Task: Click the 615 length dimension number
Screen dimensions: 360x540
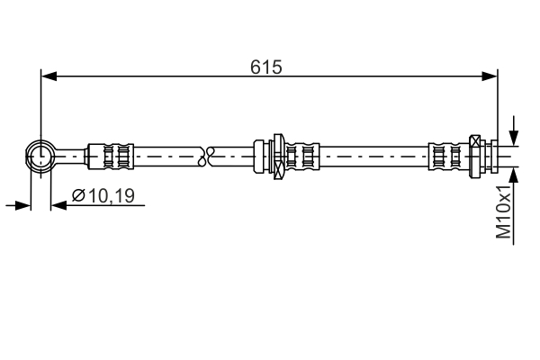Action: (267, 66)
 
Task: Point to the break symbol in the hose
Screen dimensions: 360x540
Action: (211, 155)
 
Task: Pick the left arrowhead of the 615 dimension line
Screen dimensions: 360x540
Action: (49, 76)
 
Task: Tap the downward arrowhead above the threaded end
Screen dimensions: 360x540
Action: (514, 135)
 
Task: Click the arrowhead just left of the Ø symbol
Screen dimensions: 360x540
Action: (58, 205)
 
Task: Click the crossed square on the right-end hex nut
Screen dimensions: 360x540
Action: (476, 141)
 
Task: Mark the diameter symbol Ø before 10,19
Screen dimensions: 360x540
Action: (77, 195)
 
